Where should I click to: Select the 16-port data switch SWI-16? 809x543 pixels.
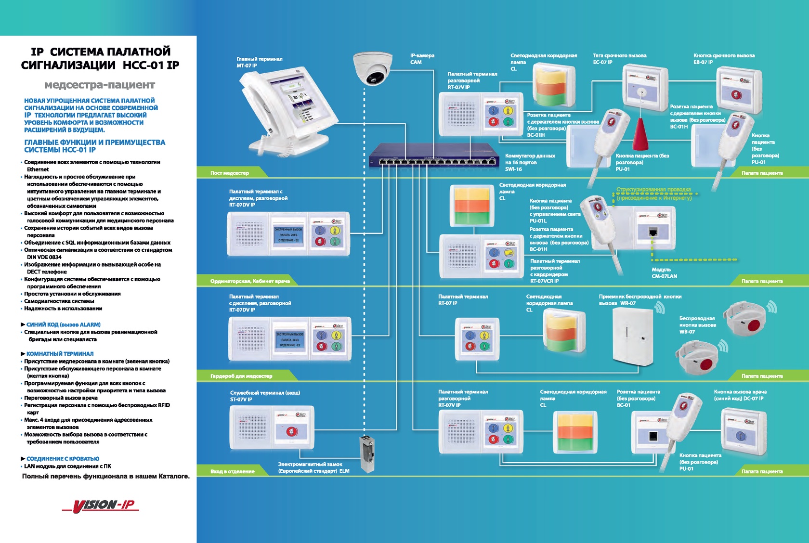point(433,155)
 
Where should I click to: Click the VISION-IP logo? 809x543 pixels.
point(101,505)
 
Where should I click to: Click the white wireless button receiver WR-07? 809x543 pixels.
point(632,336)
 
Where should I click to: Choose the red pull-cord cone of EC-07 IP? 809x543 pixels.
point(640,134)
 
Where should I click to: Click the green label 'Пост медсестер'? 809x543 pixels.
point(230,173)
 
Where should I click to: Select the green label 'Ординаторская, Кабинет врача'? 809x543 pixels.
point(250,281)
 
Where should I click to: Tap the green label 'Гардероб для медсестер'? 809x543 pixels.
point(241,376)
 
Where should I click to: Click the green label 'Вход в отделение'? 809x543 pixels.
point(233,471)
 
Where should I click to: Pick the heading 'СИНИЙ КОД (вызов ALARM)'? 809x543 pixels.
point(63,324)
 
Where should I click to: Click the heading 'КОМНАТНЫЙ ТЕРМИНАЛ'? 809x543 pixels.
point(60,353)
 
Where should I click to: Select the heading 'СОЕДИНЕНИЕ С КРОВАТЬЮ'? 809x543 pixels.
point(63,459)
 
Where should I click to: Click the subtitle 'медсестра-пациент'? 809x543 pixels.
point(100,85)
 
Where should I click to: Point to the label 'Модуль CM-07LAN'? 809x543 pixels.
point(664,273)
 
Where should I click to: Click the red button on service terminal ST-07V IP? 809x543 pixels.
point(290,431)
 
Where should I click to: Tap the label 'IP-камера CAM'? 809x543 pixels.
point(422,59)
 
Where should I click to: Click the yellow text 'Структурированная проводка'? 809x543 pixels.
point(653,190)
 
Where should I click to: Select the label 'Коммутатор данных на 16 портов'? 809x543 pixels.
point(530,159)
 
